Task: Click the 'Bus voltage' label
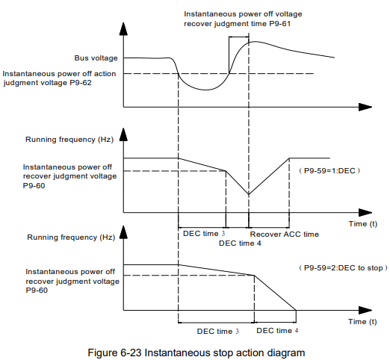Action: click(x=96, y=58)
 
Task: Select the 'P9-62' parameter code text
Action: click(x=81, y=83)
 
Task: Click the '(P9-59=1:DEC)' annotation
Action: click(x=329, y=171)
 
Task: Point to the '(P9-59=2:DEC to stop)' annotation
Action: click(x=343, y=268)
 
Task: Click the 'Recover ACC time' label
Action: click(x=285, y=235)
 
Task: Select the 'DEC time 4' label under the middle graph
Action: click(x=240, y=243)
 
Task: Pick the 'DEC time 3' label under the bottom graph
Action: click(x=217, y=332)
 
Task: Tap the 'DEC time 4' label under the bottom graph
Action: click(x=277, y=331)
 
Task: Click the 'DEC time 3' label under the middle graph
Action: click(x=204, y=234)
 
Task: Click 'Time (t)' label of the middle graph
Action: click(x=363, y=224)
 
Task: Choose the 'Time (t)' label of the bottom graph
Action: click(x=362, y=322)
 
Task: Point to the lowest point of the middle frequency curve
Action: click(x=249, y=194)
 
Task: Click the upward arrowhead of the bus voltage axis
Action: click(x=123, y=28)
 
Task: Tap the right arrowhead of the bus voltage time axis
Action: click(x=365, y=107)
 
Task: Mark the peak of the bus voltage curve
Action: click(x=255, y=42)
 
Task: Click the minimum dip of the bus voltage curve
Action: click(x=205, y=90)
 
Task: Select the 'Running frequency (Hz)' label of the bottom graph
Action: click(x=71, y=238)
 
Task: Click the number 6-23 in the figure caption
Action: click(x=131, y=353)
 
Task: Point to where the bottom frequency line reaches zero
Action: click(x=296, y=310)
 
